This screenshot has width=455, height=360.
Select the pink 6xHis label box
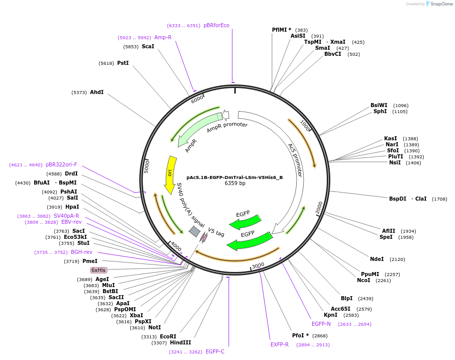[x=98, y=270]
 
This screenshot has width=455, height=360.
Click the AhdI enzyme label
[x=97, y=93]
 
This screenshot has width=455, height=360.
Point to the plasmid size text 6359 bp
[x=235, y=184]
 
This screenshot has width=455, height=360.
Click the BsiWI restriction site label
[x=379, y=106]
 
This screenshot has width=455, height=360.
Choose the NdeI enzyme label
[x=377, y=259]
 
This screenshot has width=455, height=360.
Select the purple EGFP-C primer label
[x=215, y=352]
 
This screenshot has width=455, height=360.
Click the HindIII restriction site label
[x=180, y=343]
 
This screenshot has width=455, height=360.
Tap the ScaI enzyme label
[x=148, y=47]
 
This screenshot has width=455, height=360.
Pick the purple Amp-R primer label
[x=163, y=38]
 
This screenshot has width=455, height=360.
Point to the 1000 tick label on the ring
[x=305, y=125]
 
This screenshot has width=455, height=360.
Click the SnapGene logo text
[x=441, y=4]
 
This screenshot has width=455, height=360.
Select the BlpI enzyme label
[x=347, y=299]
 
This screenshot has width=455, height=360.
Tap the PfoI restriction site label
[x=301, y=336]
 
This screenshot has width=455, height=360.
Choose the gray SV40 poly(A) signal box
[x=194, y=231]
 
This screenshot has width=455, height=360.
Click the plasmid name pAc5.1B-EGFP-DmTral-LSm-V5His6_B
[x=235, y=177]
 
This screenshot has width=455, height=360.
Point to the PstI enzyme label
[x=123, y=63]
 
